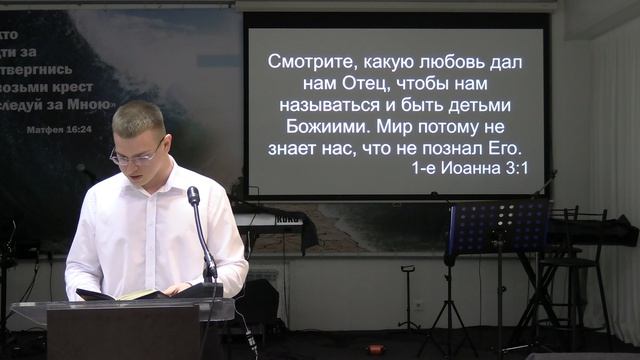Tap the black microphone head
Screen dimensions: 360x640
[193, 195]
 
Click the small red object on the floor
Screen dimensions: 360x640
[378, 349]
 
